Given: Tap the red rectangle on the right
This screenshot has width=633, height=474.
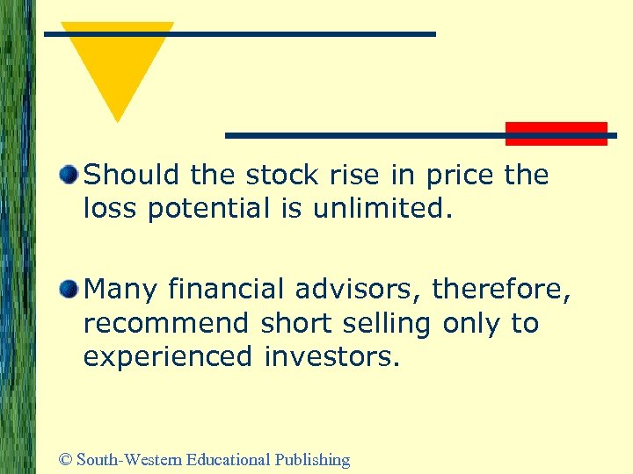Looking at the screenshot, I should (556, 133).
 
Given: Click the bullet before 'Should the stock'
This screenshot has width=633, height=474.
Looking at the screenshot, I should (69, 175).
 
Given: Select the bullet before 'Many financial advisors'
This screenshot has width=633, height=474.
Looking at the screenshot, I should (69, 289).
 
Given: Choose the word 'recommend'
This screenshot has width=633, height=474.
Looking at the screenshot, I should (166, 323).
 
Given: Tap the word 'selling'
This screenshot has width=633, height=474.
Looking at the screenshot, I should (387, 323).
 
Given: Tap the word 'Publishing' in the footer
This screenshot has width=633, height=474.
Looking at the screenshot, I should (312, 460).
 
